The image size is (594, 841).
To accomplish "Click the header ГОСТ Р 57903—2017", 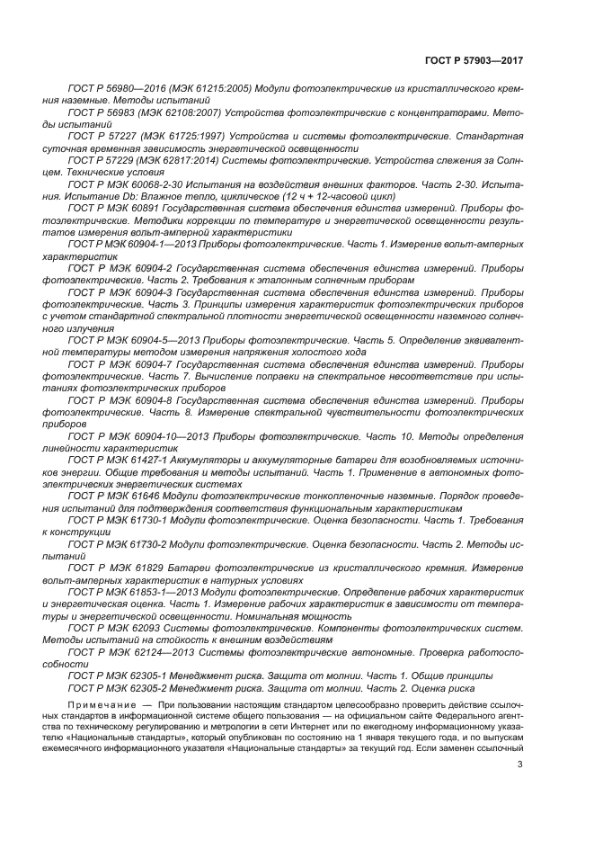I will (x=474, y=60).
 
